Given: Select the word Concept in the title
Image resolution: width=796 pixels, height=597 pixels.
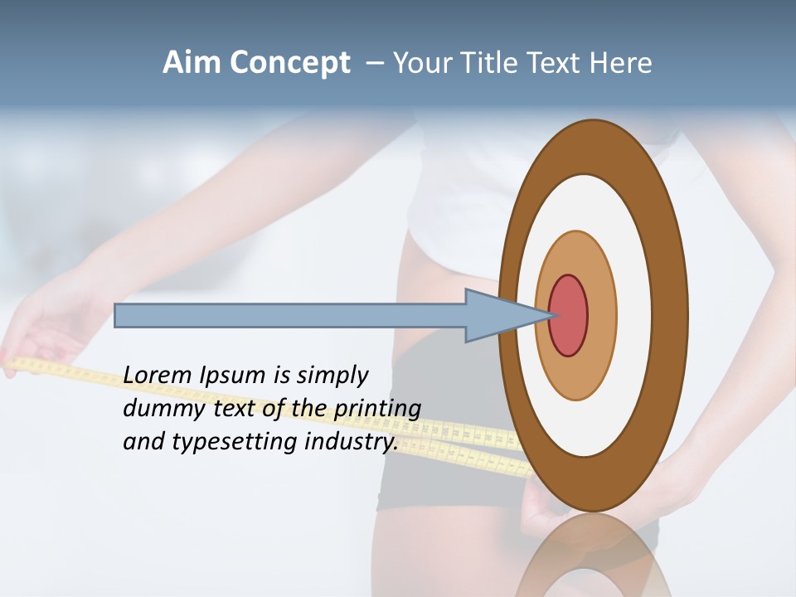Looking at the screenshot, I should (289, 64).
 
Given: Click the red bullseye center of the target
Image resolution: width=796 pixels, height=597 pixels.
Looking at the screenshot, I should (569, 316).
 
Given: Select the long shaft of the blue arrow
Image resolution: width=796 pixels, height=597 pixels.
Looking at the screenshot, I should (290, 316).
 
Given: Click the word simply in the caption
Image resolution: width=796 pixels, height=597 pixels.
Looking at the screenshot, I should (332, 376).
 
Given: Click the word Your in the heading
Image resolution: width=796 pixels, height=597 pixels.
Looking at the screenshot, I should (418, 63).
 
